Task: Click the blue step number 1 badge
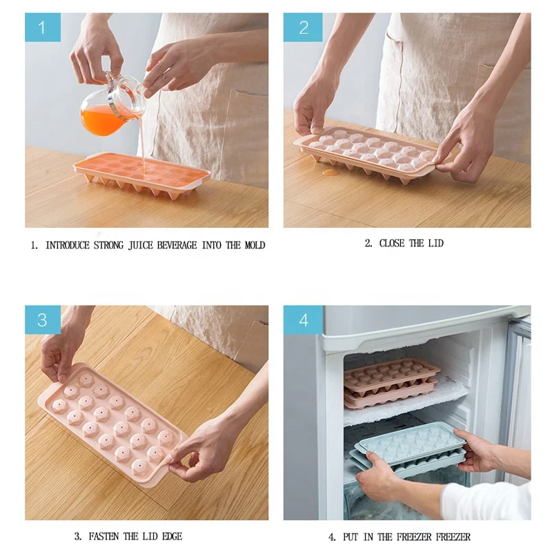click(x=43, y=28)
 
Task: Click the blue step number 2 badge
click(x=303, y=28)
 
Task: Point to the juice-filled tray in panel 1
click(x=141, y=173)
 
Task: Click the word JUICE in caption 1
click(x=142, y=245)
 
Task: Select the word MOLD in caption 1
click(x=253, y=245)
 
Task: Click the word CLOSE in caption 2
click(x=393, y=243)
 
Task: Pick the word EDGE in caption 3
click(x=170, y=536)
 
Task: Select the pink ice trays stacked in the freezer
click(x=391, y=382)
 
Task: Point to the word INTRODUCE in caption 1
click(x=67, y=245)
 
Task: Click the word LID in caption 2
click(x=435, y=243)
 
